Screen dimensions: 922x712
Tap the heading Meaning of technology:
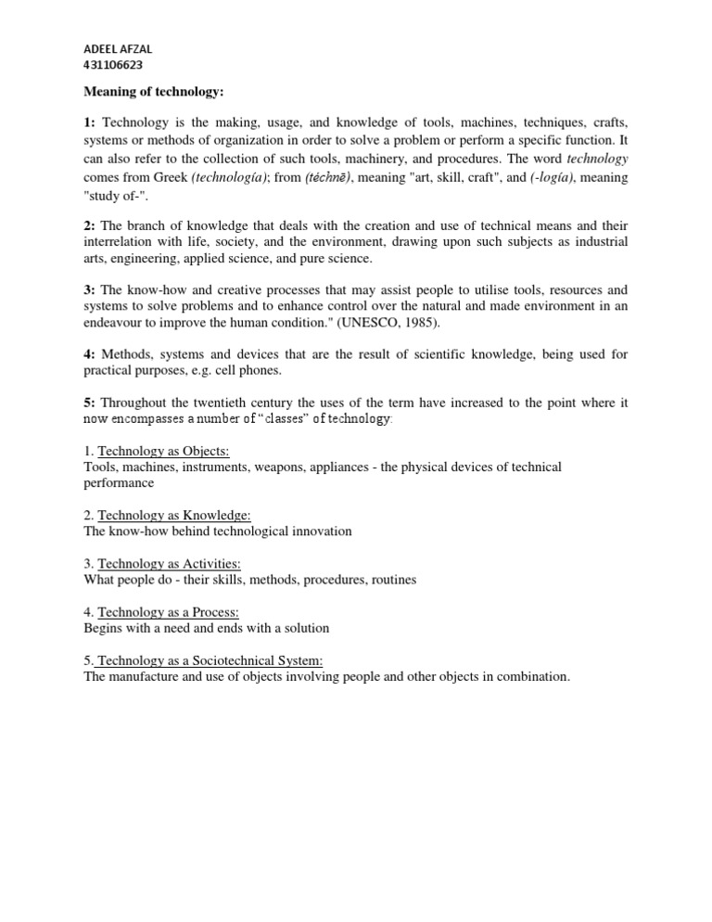(153, 92)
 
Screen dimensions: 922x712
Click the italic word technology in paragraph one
(597, 159)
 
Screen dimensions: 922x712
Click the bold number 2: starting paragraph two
(91, 225)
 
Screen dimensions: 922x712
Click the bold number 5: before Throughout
(91, 403)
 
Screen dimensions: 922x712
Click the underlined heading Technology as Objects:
(164, 451)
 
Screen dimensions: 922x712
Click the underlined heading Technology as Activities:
(170, 563)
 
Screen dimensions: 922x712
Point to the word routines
(393, 580)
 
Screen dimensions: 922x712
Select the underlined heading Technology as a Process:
(168, 612)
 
